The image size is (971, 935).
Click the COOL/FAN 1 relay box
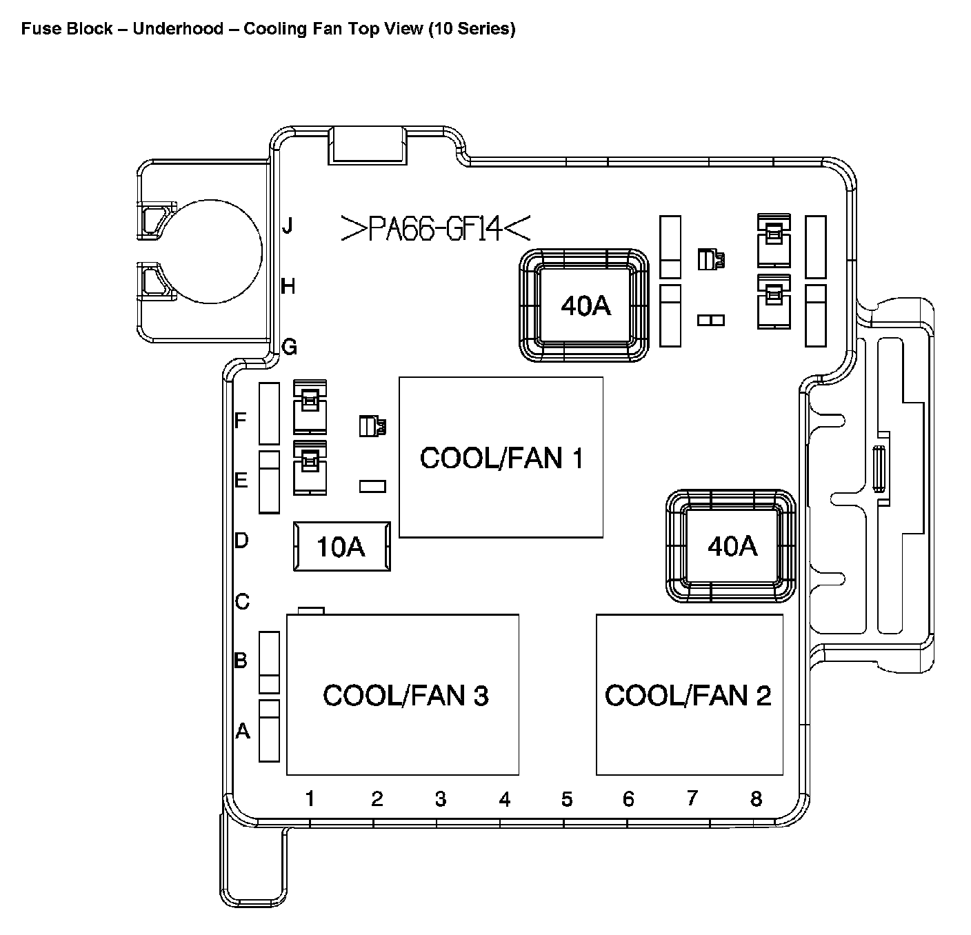501,457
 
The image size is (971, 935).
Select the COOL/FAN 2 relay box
689,694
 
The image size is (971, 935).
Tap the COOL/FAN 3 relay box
403,694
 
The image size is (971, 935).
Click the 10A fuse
341,546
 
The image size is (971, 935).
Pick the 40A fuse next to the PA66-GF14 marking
585,305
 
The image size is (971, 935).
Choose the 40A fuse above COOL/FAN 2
731,546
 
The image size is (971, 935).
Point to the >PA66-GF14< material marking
436,228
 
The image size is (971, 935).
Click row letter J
288,225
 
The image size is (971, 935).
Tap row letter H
288,285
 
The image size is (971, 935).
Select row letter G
289,347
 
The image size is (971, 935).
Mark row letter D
241,540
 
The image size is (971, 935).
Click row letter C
242,602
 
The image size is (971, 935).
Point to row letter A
242,730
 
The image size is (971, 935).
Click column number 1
310,798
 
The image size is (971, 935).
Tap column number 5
567,799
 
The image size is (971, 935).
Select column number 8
756,798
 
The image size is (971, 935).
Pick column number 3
441,799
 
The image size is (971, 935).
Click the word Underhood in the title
178,29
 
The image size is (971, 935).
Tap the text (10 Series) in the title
471,29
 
